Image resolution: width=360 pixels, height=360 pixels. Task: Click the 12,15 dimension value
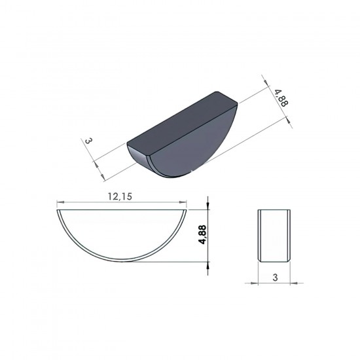pyautogui.click(x=120, y=196)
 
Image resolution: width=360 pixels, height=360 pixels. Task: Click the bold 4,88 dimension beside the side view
pyautogui.click(x=203, y=234)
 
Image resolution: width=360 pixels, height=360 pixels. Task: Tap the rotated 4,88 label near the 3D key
pyautogui.click(x=281, y=98)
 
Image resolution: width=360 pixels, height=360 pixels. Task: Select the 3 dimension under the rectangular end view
pyautogui.click(x=275, y=278)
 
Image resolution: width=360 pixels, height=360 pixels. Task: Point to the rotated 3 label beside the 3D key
pyautogui.click(x=88, y=141)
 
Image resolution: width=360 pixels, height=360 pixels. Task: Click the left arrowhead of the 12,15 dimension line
pyautogui.click(x=60, y=202)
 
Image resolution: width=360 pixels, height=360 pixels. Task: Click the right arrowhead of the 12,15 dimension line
pyautogui.click(x=183, y=202)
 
